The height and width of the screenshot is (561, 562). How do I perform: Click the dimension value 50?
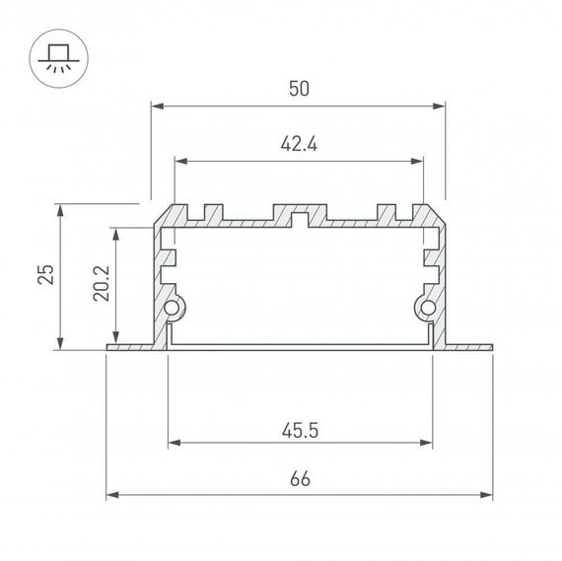pyautogui.click(x=300, y=89)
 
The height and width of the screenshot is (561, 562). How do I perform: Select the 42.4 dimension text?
pyautogui.click(x=300, y=145)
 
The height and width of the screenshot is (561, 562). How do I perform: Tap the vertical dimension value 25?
pyautogui.click(x=45, y=275)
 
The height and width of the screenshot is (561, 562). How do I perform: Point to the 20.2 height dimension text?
pyautogui.click(x=103, y=285)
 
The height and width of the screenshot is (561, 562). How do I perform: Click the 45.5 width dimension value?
pyautogui.click(x=300, y=430)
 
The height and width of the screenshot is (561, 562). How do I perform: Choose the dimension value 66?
pyautogui.click(x=300, y=480)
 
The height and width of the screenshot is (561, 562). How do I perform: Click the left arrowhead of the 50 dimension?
pyautogui.click(x=157, y=104)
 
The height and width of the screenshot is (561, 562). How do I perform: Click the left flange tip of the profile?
pyautogui.click(x=108, y=347)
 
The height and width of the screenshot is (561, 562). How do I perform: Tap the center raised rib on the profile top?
pyautogui.click(x=300, y=213)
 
